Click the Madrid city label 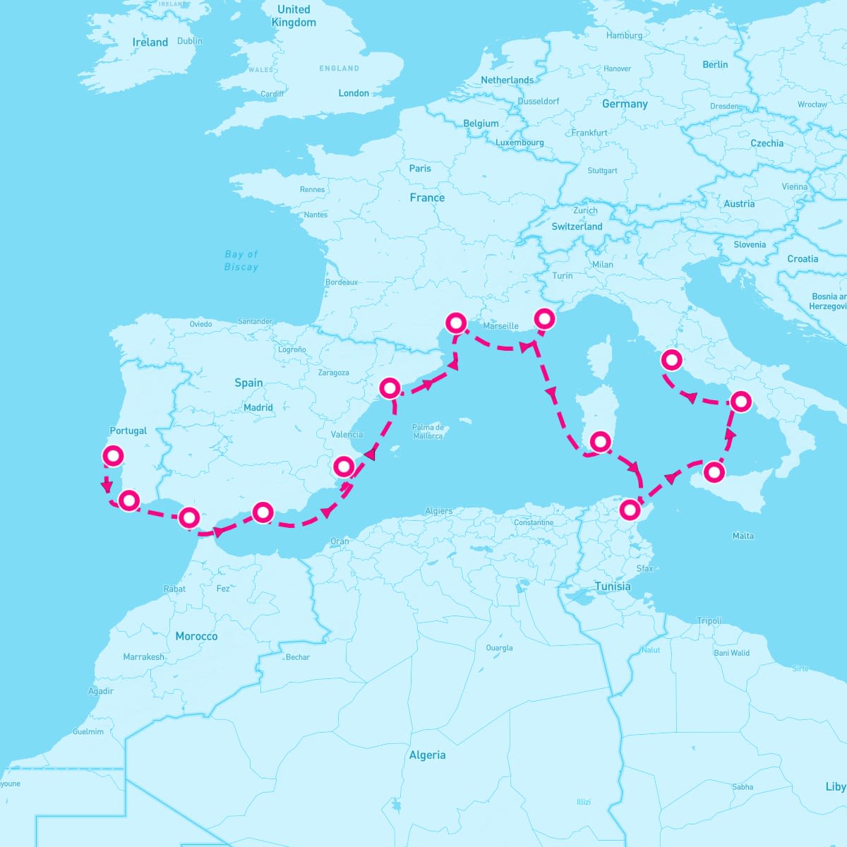click(258, 407)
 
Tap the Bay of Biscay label click(241, 260)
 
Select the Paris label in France click(420, 169)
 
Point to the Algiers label click(439, 511)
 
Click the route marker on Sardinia click(600, 442)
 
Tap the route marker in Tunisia click(629, 508)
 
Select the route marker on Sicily click(714, 471)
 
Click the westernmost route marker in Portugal click(113, 456)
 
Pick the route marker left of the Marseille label click(456, 323)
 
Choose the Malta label click(743, 536)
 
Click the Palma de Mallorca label click(428, 431)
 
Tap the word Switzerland click(577, 227)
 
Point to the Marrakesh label click(144, 657)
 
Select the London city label click(354, 93)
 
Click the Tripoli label click(709, 621)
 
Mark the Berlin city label click(715, 64)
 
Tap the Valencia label click(347, 435)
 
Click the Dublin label click(190, 41)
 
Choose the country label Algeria click(428, 755)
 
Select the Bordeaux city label click(342, 282)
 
